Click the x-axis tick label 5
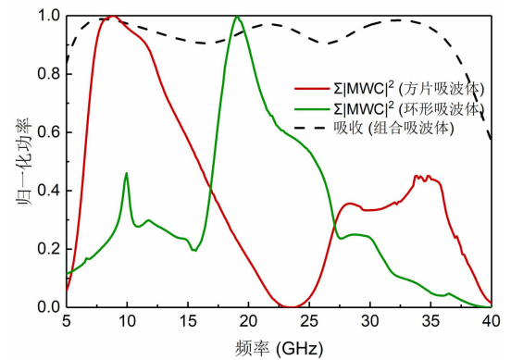[x=66, y=320]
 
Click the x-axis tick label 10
[x=126, y=320]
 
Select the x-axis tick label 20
[x=248, y=320]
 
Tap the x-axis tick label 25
[x=309, y=320]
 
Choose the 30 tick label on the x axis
[x=370, y=320]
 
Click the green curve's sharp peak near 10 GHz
[x=126, y=173]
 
